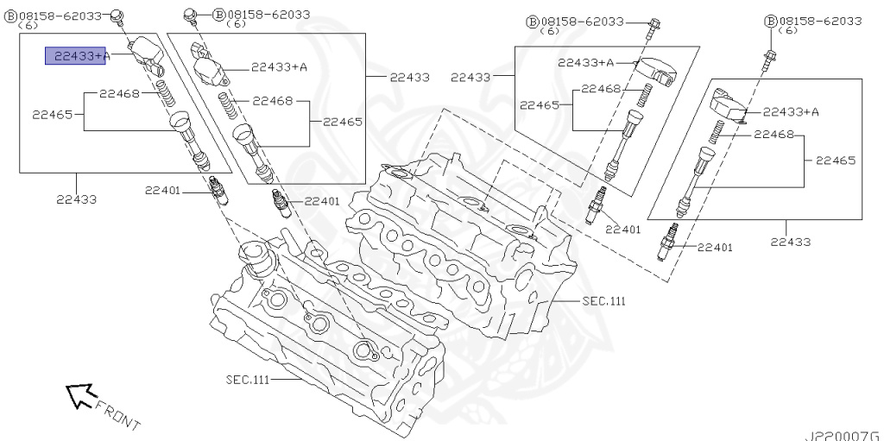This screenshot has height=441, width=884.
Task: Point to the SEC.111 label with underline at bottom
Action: click(251, 380)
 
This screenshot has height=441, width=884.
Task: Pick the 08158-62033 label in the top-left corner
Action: click(60, 16)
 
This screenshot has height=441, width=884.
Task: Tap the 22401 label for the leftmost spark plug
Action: click(162, 190)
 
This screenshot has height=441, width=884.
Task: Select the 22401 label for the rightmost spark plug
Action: click(715, 248)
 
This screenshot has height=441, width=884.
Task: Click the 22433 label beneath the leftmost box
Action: click(77, 199)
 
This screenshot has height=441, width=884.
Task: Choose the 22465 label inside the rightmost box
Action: click(835, 161)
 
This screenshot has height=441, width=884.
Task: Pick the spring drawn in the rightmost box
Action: click(716, 132)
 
